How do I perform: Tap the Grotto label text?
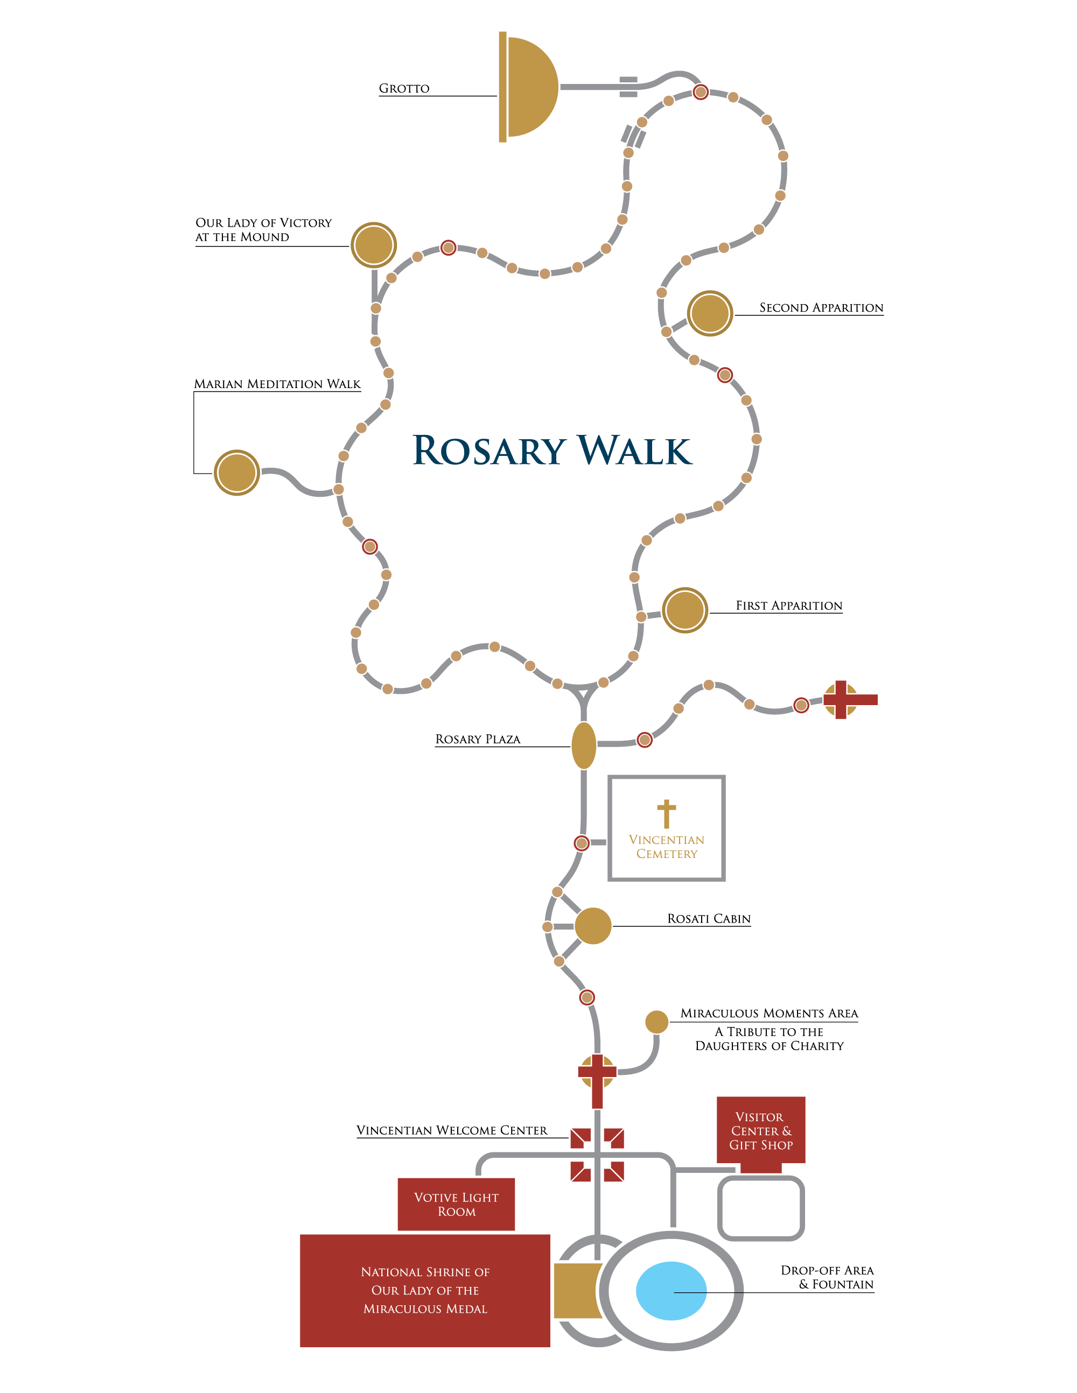point(404,89)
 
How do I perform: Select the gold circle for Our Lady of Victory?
point(374,245)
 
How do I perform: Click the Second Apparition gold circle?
point(710,313)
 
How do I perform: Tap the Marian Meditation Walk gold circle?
point(237,473)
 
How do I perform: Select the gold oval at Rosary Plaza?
point(584,745)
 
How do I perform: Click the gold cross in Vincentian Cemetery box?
point(667,814)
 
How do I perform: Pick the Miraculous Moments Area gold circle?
point(656,1022)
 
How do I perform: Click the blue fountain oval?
point(671,1291)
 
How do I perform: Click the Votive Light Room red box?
point(456,1204)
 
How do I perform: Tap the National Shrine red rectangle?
point(425,1291)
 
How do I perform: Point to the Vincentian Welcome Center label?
point(452,1130)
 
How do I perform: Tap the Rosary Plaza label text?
point(478,739)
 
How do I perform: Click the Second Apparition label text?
point(821,307)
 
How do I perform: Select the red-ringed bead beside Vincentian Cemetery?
point(581,843)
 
